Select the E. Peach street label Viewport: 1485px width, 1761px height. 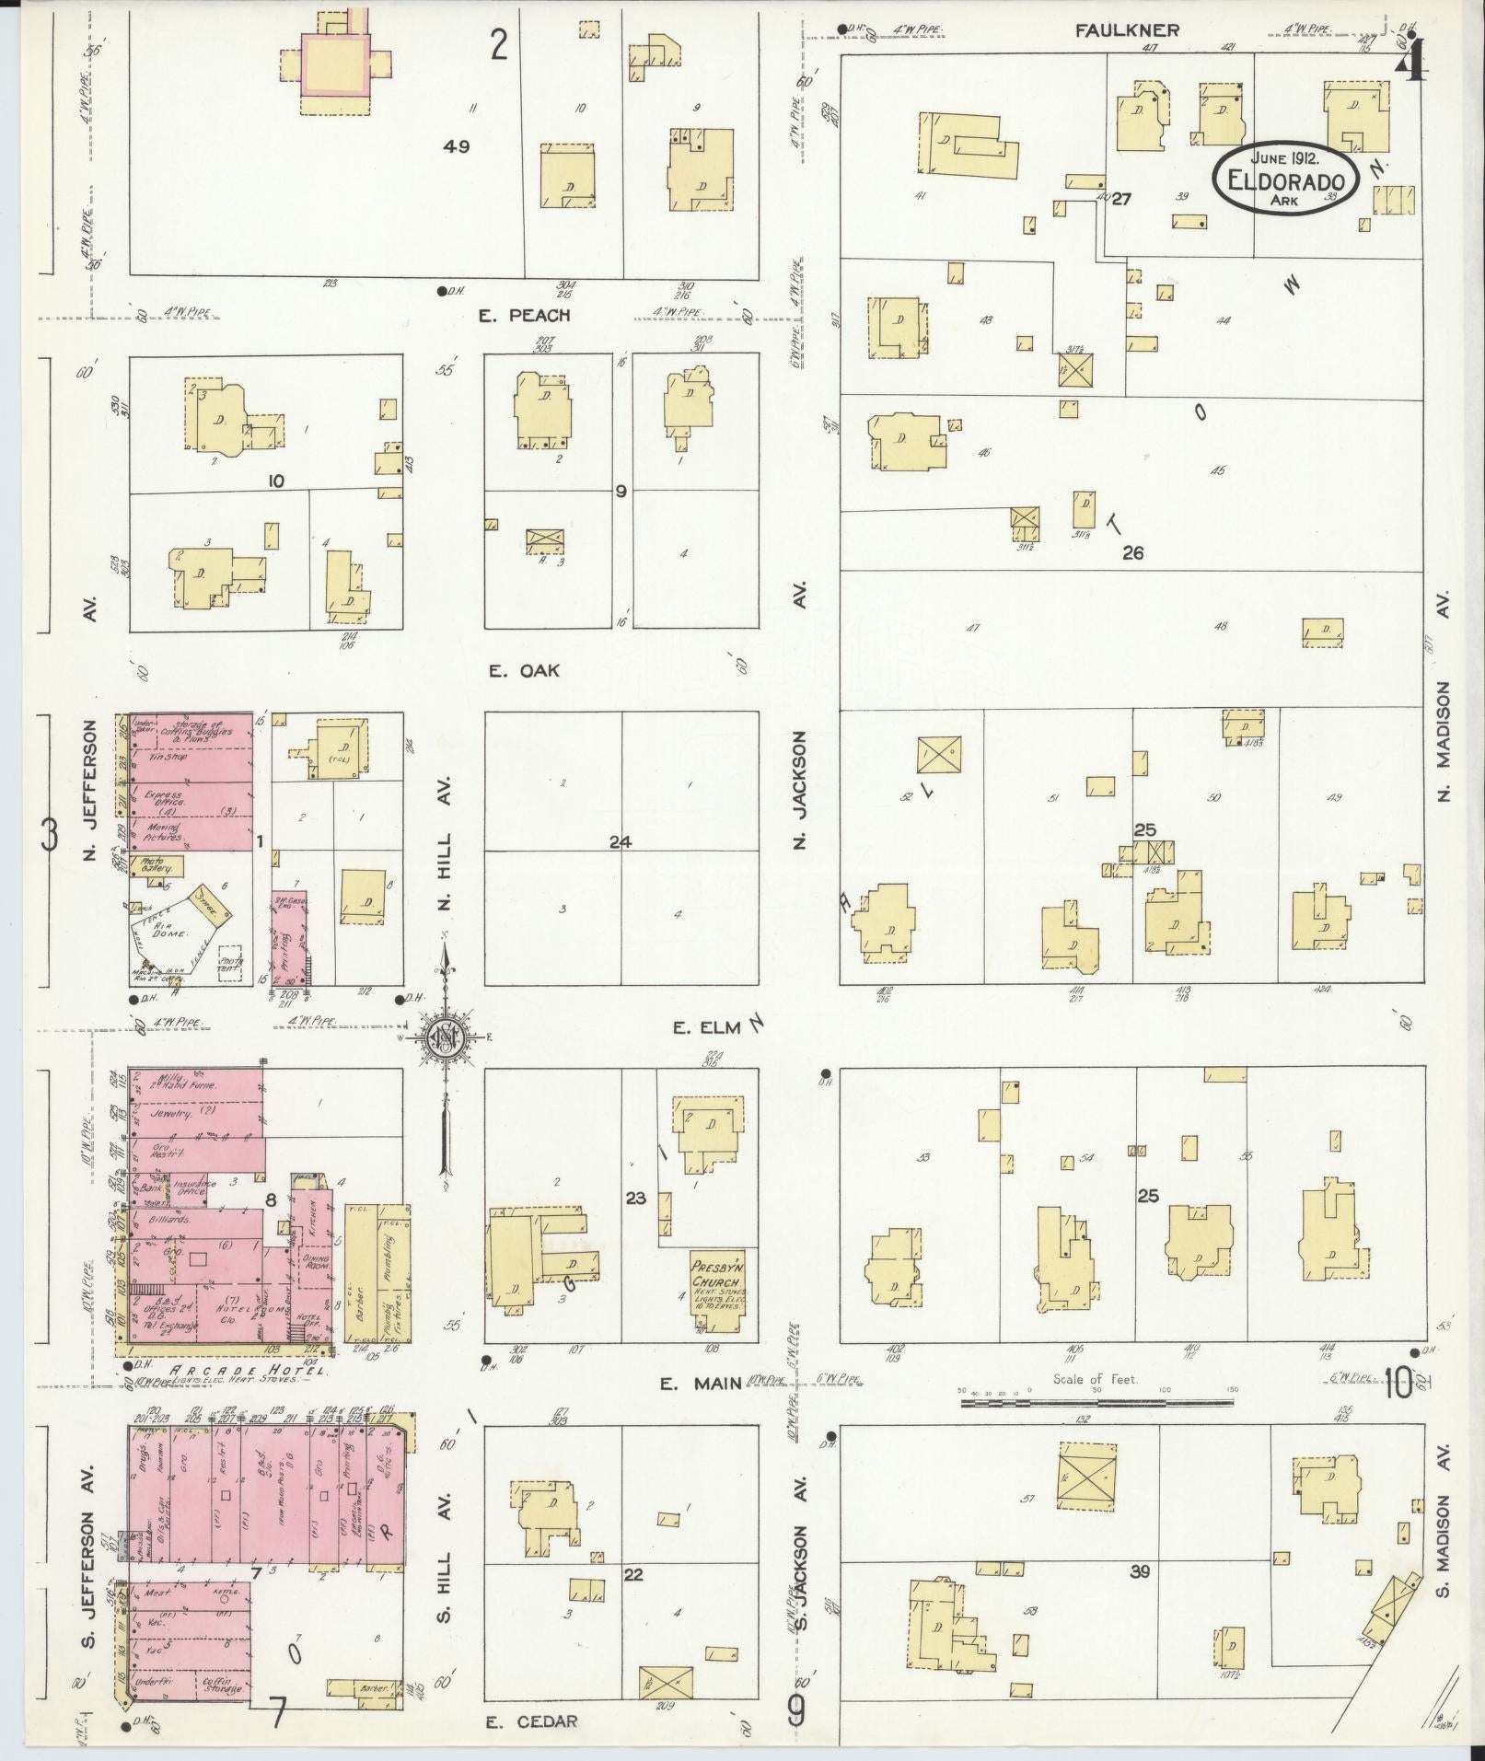click(x=525, y=316)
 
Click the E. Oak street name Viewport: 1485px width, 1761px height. click(x=524, y=671)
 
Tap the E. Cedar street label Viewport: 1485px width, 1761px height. click(x=532, y=1721)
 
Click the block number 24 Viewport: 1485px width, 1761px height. click(x=621, y=841)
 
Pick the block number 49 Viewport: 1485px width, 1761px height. click(x=456, y=146)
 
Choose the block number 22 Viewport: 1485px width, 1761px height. click(x=632, y=1574)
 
